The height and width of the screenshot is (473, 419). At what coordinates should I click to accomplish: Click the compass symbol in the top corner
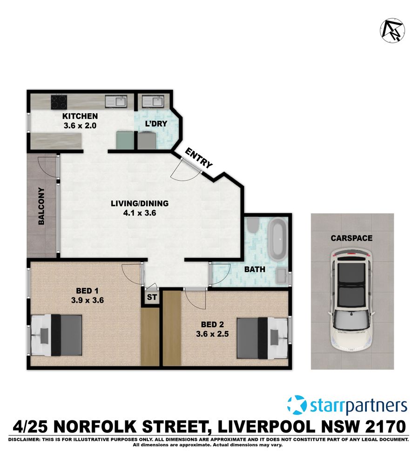[392, 31]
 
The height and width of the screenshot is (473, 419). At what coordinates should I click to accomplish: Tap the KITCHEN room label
[80, 116]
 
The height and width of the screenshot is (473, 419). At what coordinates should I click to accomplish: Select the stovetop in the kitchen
[59, 101]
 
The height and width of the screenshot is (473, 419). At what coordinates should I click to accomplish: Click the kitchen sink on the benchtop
[116, 101]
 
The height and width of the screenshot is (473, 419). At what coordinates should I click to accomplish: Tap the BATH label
[255, 269]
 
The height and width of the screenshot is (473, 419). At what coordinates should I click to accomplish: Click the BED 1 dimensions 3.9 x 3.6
[87, 300]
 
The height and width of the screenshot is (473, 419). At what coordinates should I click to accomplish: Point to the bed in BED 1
[57, 335]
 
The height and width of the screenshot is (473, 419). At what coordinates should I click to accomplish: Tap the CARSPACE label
[351, 238]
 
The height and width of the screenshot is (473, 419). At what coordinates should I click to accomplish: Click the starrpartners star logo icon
[297, 405]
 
